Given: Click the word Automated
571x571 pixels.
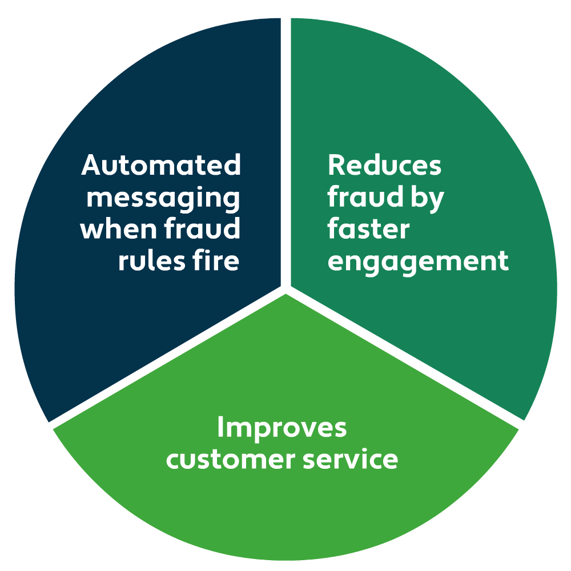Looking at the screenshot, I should pos(161,166).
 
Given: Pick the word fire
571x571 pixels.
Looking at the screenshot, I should pos(215,261).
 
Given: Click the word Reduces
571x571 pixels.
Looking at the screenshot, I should pos(384,166).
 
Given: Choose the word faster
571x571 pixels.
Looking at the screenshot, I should pos(368,230).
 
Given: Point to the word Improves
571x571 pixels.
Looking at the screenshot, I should pos(282,428).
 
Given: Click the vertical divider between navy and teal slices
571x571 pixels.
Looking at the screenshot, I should pos(285,143).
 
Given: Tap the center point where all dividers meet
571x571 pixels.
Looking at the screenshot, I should pos(285,288).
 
